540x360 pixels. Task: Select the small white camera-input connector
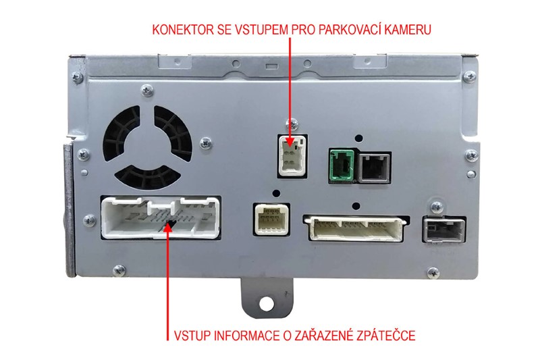tap(292, 156)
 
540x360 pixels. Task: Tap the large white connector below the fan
tap(161, 217)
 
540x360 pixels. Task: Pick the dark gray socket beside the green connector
tap(375, 168)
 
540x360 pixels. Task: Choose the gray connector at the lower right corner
tap(444, 229)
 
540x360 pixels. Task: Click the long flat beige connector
tap(356, 228)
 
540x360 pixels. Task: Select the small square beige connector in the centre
tap(271, 219)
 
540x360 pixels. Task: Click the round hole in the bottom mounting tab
tap(266, 304)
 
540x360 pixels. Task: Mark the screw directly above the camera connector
tap(292, 124)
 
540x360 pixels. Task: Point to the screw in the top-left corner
tap(78, 77)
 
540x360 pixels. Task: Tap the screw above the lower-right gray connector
tap(437, 207)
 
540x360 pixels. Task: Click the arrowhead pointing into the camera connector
tap(290, 142)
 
